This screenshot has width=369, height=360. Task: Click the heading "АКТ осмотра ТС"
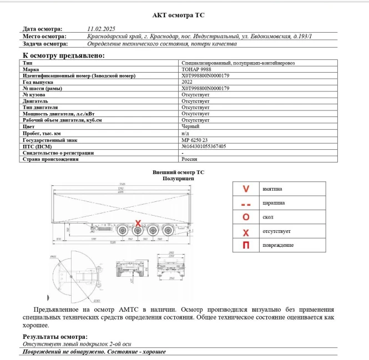tap(182, 15)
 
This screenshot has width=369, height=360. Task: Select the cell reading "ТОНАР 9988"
tap(196, 69)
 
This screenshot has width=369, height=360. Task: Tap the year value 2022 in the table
tap(187, 82)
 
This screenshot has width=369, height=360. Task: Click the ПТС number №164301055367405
tap(204, 146)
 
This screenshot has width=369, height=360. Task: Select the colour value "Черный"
tap(190, 126)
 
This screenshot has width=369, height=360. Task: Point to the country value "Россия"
tap(190, 159)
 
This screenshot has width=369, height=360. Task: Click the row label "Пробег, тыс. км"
tap(42, 134)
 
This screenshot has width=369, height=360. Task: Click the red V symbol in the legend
tap(246, 189)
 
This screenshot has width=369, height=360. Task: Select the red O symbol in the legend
tap(246, 217)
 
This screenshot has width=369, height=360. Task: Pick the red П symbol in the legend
tap(246, 245)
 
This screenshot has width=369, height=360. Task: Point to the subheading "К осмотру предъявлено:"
tap(63, 55)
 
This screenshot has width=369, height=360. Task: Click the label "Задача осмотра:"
tap(46, 43)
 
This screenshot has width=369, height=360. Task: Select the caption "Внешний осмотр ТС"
tap(179, 173)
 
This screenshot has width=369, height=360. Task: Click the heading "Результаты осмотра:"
tap(55, 337)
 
